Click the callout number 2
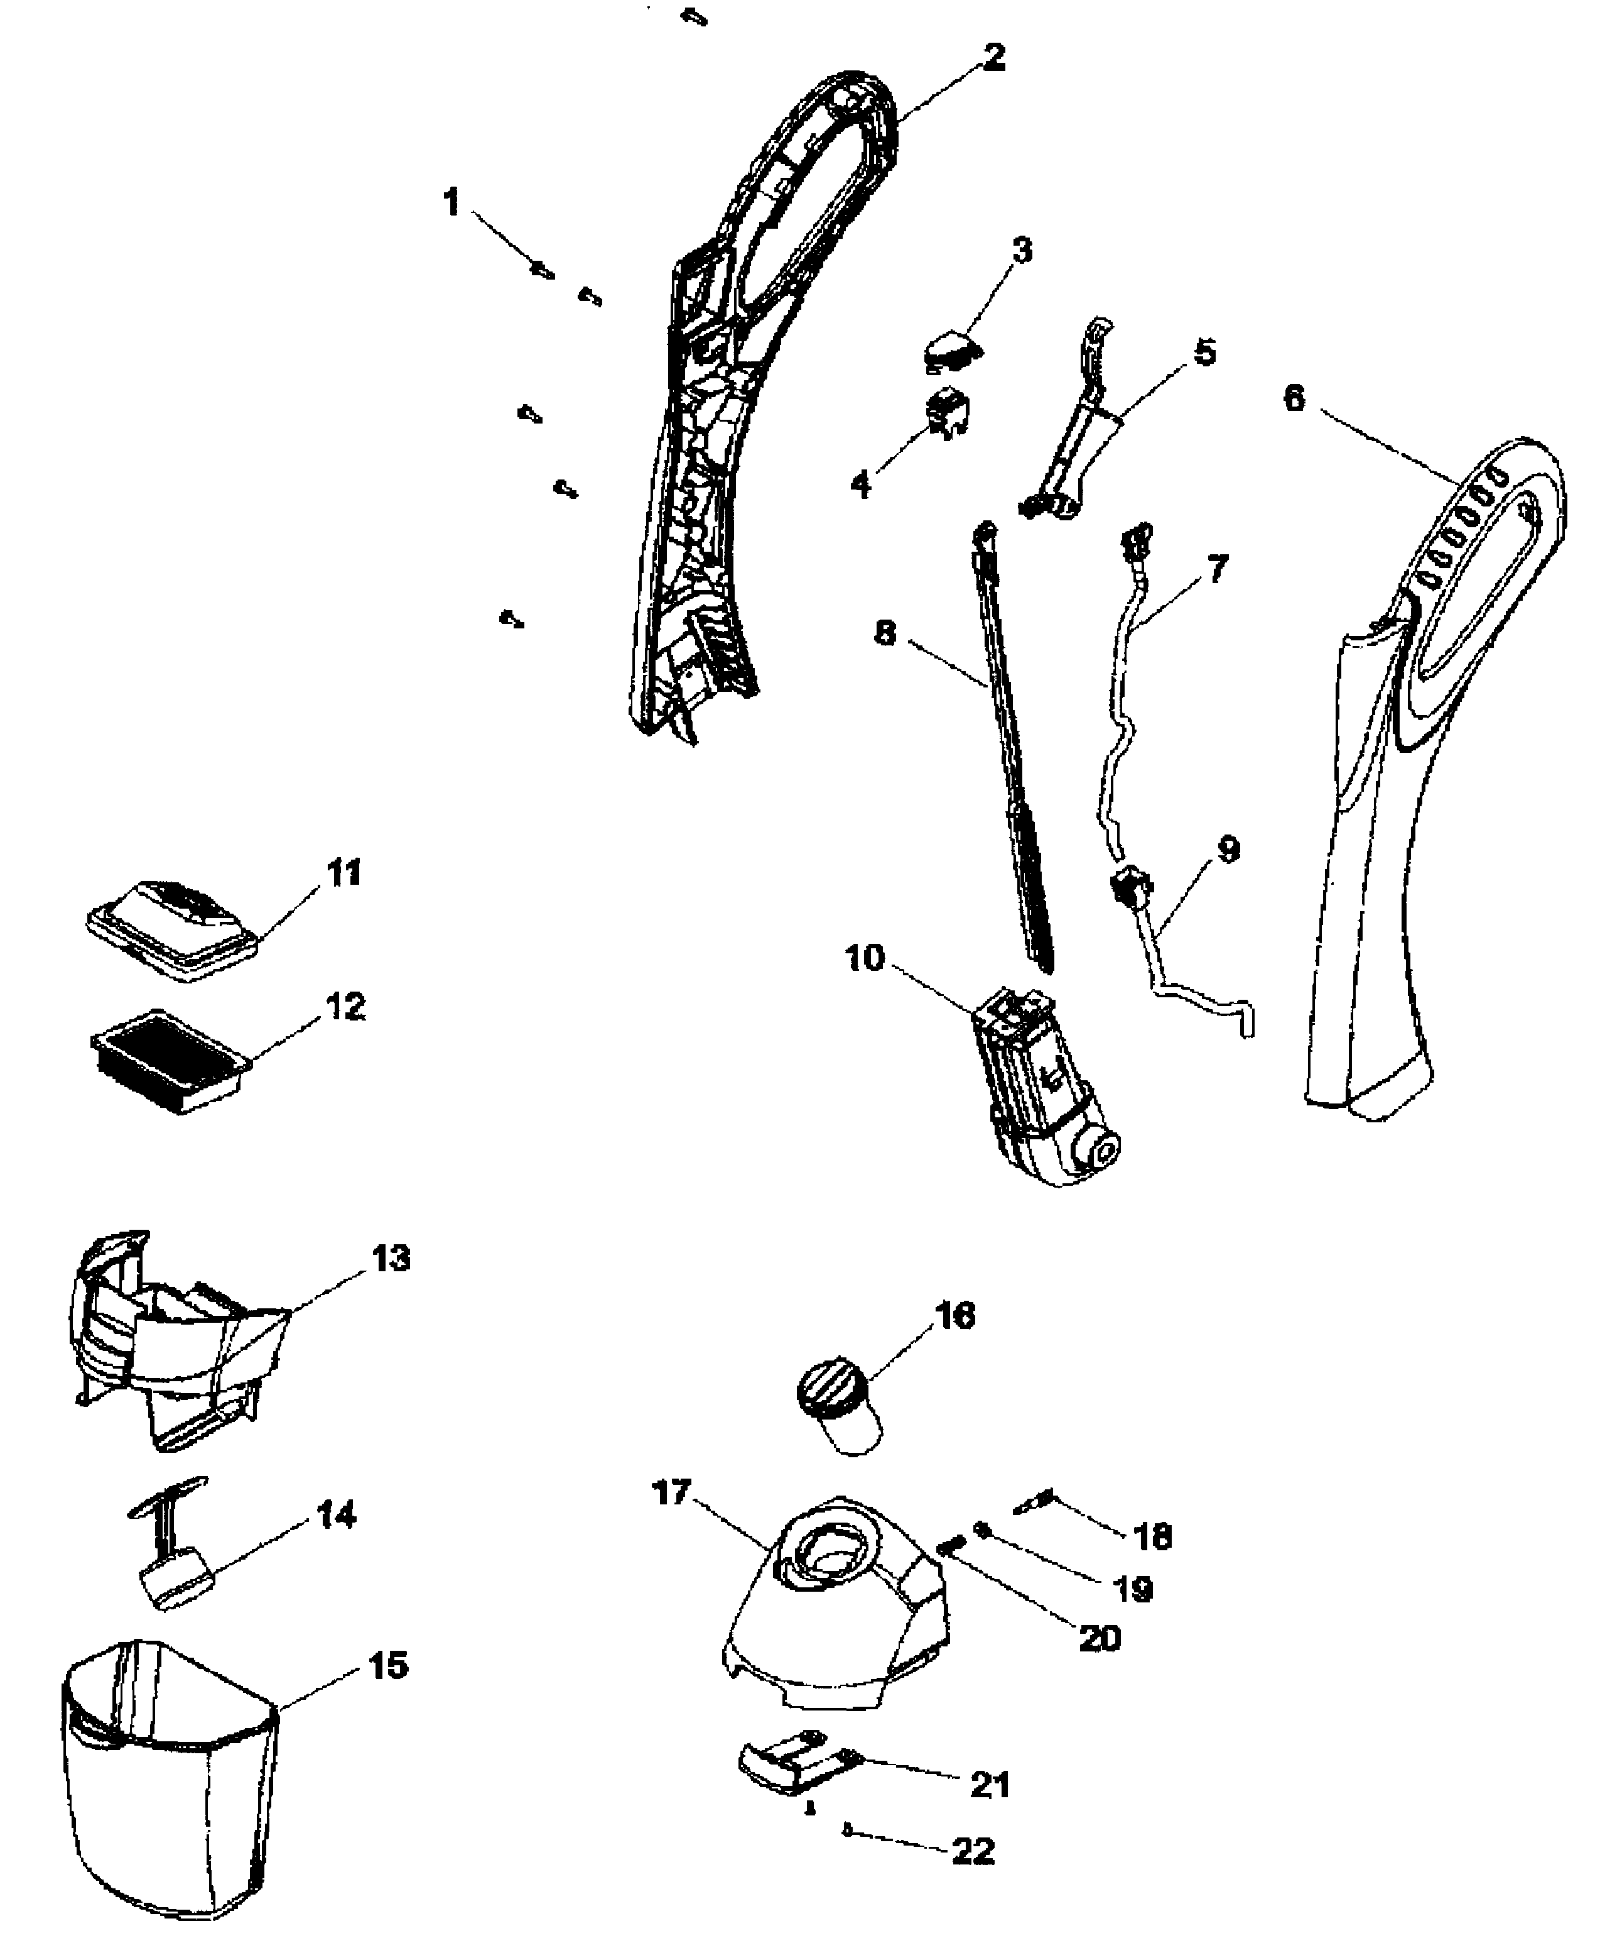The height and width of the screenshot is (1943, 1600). [x=993, y=58]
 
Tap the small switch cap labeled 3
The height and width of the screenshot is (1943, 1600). [x=950, y=351]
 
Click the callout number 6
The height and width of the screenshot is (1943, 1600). [x=1294, y=398]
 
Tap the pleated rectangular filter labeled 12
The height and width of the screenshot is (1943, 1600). [x=171, y=1061]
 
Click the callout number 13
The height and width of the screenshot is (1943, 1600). [x=390, y=1259]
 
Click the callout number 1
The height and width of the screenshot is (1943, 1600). [x=451, y=202]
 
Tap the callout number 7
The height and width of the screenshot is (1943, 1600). [x=1218, y=569]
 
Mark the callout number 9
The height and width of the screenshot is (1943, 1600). [x=1228, y=850]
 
